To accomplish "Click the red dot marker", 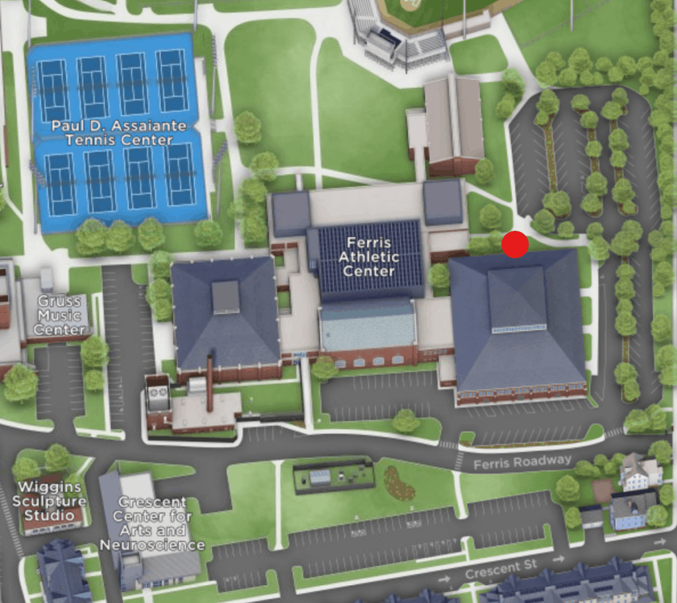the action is coord(515,245).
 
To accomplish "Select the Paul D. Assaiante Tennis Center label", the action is coord(119,132).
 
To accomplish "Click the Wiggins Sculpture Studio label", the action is coord(50,501).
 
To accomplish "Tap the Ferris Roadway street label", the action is coord(522,462).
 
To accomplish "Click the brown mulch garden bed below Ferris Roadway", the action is coord(399,483).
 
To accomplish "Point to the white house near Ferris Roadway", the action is coord(640,471).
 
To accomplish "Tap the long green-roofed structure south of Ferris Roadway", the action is coord(334,475).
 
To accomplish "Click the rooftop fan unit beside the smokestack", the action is coord(159,393).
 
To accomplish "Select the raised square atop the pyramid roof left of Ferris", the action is coord(225,297).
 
